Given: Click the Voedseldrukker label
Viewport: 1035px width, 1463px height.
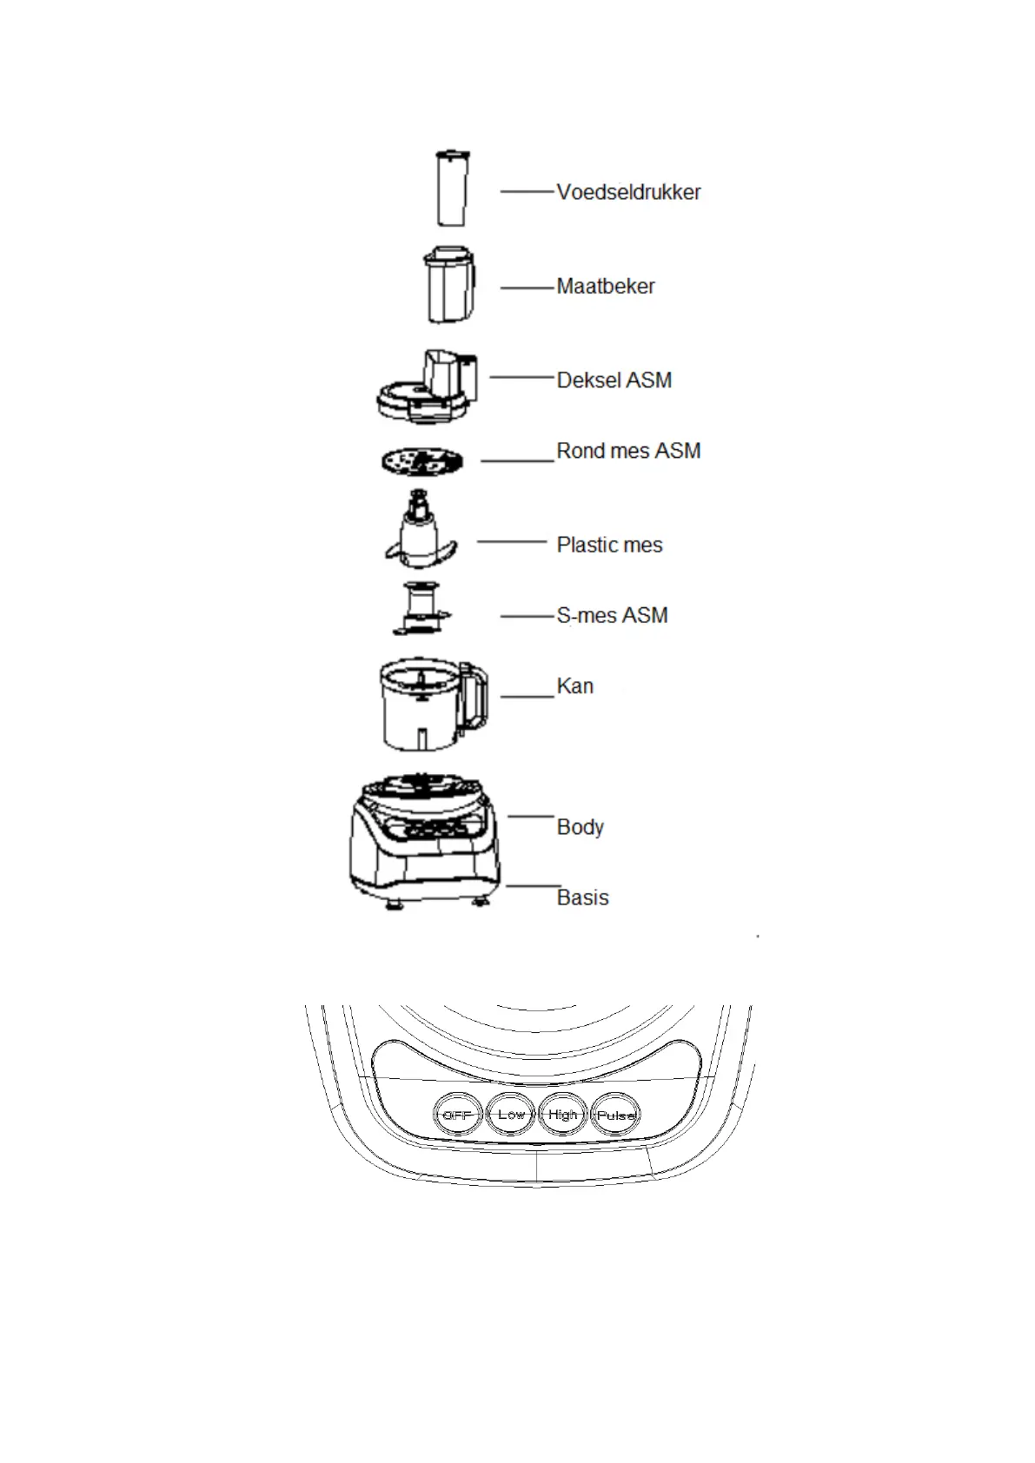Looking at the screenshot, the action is tap(628, 192).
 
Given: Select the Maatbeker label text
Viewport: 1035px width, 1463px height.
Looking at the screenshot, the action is tap(606, 286).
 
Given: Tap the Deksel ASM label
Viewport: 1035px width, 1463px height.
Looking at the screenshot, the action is tap(614, 381).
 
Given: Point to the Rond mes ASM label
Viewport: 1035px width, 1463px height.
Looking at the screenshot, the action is tap(628, 451).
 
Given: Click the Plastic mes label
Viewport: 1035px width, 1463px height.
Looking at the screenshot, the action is tap(609, 545).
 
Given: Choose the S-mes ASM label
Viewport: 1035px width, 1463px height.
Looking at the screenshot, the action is tap(612, 615).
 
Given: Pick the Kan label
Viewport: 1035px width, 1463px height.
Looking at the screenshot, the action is tap(574, 686).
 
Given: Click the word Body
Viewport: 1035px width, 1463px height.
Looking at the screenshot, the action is tap(580, 827).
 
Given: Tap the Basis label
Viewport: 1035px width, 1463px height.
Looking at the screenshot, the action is tap(582, 897).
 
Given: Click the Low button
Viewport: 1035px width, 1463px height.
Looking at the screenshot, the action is tap(511, 1115).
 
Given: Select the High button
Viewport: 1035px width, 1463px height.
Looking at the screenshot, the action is tap(563, 1115).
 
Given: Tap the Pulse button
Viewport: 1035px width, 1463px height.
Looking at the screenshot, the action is tap(616, 1115).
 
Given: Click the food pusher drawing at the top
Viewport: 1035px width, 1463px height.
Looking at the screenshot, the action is tap(452, 189).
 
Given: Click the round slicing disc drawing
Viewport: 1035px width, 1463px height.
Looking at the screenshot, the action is tap(421, 461).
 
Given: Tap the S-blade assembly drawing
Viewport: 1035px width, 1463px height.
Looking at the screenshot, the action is tap(421, 609).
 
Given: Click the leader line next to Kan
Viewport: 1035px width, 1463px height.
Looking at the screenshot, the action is tap(527, 697).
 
